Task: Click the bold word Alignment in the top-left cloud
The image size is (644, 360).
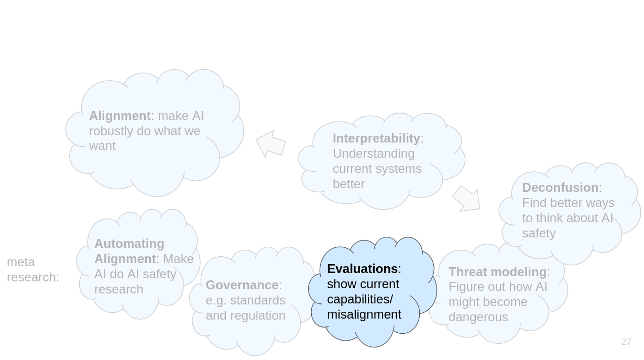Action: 120,116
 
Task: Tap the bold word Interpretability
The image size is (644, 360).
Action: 376,138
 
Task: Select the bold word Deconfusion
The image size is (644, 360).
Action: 560,188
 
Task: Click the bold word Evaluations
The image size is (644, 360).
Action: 363,269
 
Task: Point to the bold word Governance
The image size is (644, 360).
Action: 242,285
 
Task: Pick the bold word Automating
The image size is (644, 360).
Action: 129,244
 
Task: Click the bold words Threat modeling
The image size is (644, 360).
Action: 497,272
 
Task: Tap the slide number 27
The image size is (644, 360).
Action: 626,342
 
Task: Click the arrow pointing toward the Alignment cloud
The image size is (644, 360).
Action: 271,144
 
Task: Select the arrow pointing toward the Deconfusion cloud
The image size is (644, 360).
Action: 466,199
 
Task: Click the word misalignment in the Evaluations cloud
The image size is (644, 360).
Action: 364,314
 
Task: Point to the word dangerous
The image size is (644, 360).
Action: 478,317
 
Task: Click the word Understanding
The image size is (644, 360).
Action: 374,154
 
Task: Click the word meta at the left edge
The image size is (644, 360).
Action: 21,262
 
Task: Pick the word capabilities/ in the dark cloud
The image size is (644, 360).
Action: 360,299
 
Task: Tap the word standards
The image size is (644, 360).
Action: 258,300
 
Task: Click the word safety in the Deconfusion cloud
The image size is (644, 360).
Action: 539,233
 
